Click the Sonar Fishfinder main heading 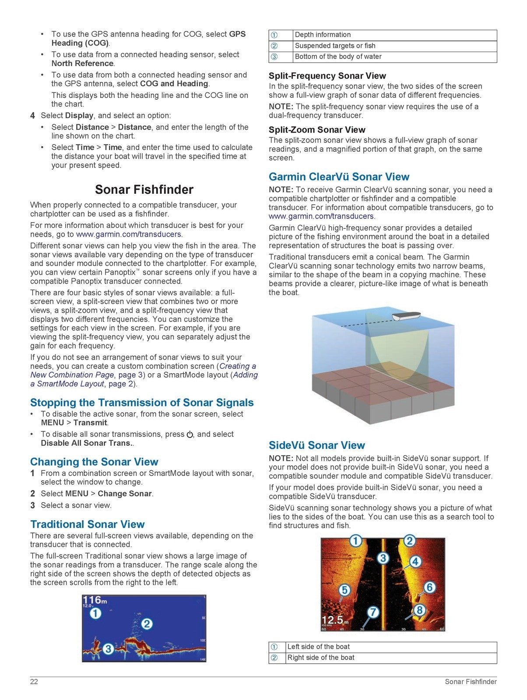pyautogui.click(x=144, y=189)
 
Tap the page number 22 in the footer pyautogui.click(x=34, y=682)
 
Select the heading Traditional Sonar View pyautogui.click(x=87, y=524)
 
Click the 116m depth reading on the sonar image pyautogui.click(x=95, y=600)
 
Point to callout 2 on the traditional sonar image pyautogui.click(x=147, y=623)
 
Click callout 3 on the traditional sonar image pyautogui.click(x=108, y=648)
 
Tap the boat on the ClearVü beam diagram pyautogui.click(x=406, y=315)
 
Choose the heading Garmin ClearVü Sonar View pyautogui.click(x=339, y=177)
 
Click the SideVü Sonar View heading pyautogui.click(x=316, y=445)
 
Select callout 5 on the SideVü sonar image pyautogui.click(x=344, y=590)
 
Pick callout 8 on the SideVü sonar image pyautogui.click(x=419, y=609)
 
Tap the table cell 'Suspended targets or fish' pyautogui.click(x=335, y=46)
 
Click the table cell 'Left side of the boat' pyautogui.click(x=318, y=647)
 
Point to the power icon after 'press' pyautogui.click(x=190, y=434)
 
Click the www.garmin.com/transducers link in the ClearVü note pyautogui.click(x=321, y=216)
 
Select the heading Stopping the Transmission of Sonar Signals pyautogui.click(x=142, y=402)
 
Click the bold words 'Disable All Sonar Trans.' pyautogui.click(x=86, y=443)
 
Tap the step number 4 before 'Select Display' pyautogui.click(x=32, y=116)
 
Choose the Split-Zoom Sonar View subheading pyautogui.click(x=317, y=130)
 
